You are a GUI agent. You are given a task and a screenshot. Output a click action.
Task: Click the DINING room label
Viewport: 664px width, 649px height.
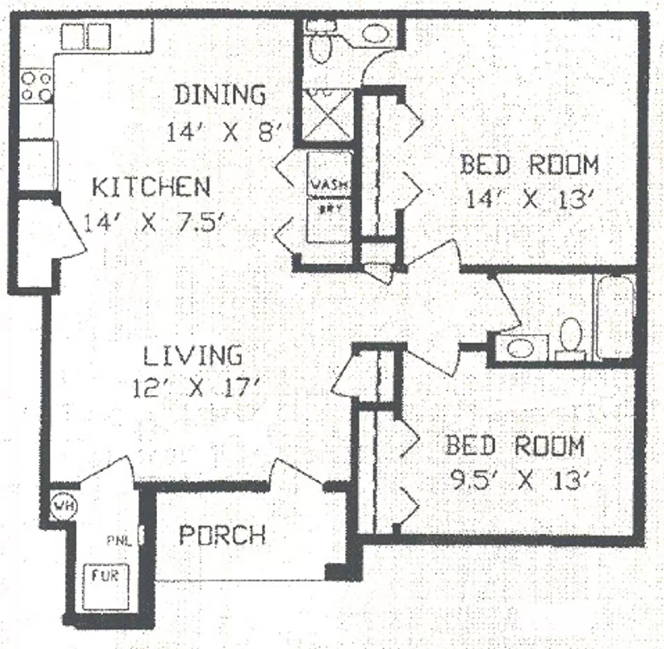(x=220, y=95)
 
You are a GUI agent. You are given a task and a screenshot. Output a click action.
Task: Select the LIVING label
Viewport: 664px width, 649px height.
(x=193, y=355)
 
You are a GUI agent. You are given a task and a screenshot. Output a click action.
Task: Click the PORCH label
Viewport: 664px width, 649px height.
(x=222, y=535)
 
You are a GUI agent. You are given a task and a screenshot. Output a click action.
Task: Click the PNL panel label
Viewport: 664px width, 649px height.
(x=119, y=541)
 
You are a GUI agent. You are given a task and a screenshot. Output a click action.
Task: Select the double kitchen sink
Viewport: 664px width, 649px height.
(x=86, y=37)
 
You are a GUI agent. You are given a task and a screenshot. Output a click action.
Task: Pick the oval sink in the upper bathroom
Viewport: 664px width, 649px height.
(x=376, y=33)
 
